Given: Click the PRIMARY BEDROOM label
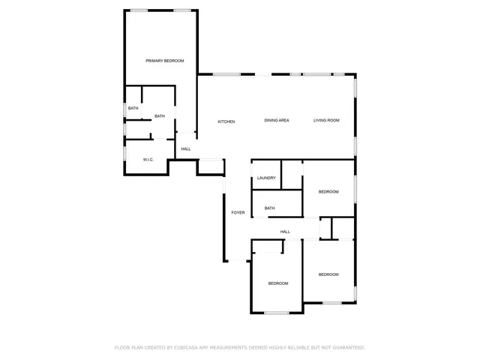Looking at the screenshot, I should (164, 61).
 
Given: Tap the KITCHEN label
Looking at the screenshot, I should (226, 121).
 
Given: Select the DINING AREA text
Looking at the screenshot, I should (277, 121).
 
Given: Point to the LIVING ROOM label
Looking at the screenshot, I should (326, 121).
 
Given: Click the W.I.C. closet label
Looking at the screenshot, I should (149, 159).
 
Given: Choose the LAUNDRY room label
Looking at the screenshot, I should (266, 178).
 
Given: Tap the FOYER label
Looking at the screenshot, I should (238, 212).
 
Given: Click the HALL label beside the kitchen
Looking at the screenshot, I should (186, 148).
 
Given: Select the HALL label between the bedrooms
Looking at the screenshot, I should (285, 232).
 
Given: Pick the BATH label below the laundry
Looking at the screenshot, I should (269, 208).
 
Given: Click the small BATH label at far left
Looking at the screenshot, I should (133, 109).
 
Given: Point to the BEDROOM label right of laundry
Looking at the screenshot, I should (328, 192).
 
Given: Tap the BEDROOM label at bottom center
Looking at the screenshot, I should (278, 283).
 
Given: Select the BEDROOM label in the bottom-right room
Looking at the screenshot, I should (328, 274).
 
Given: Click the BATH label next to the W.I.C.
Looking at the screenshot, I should (160, 116).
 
